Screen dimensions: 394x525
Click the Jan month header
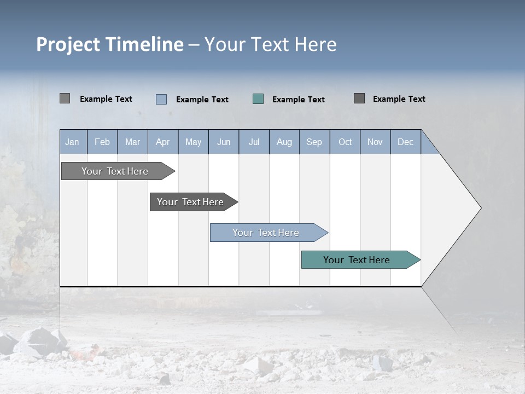(x=72, y=142)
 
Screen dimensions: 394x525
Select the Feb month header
(x=102, y=142)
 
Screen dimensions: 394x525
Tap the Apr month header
(x=162, y=142)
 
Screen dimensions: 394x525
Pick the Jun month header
(x=224, y=142)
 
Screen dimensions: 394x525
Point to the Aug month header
(x=284, y=142)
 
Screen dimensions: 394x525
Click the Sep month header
(x=314, y=142)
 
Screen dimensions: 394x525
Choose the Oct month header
(x=345, y=142)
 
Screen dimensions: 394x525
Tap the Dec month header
(x=405, y=142)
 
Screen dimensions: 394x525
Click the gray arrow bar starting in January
(x=115, y=171)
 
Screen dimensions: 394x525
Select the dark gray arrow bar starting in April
(x=190, y=202)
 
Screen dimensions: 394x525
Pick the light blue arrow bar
(x=266, y=233)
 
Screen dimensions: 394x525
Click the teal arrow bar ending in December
(x=357, y=260)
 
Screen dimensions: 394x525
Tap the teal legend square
(x=258, y=99)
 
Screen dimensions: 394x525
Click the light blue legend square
(x=161, y=99)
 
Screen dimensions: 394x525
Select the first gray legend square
(x=65, y=99)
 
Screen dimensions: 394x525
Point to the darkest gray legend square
(x=359, y=98)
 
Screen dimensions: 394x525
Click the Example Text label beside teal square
(x=299, y=99)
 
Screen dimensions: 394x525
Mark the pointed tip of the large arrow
(x=480, y=208)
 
